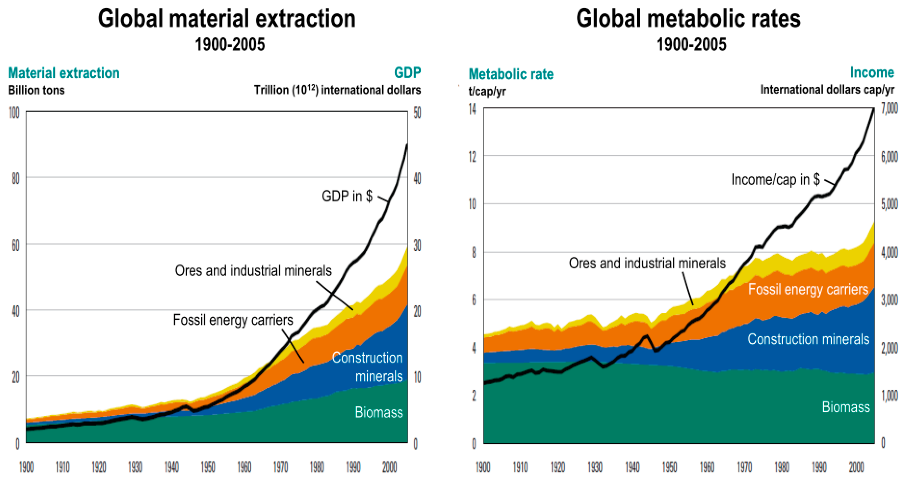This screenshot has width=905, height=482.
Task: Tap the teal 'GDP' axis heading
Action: pos(407,73)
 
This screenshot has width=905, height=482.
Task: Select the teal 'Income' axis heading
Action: pos(872,72)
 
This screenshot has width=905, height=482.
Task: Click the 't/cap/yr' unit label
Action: pos(487,91)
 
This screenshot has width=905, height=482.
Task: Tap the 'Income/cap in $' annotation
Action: pos(775,179)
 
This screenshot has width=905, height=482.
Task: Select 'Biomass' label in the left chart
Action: pos(378,412)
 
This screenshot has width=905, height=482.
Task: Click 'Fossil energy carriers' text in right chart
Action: pos(808,289)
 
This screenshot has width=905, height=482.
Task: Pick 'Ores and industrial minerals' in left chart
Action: pos(253,271)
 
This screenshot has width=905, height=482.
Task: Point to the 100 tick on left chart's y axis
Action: pos(14,113)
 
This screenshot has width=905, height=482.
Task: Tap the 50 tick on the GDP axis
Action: pos(417,113)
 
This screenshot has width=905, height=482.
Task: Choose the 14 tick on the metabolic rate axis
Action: pos(472,109)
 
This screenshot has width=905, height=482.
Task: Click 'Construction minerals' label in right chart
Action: pos(808,339)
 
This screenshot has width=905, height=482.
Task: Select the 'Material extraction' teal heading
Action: pos(64,73)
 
